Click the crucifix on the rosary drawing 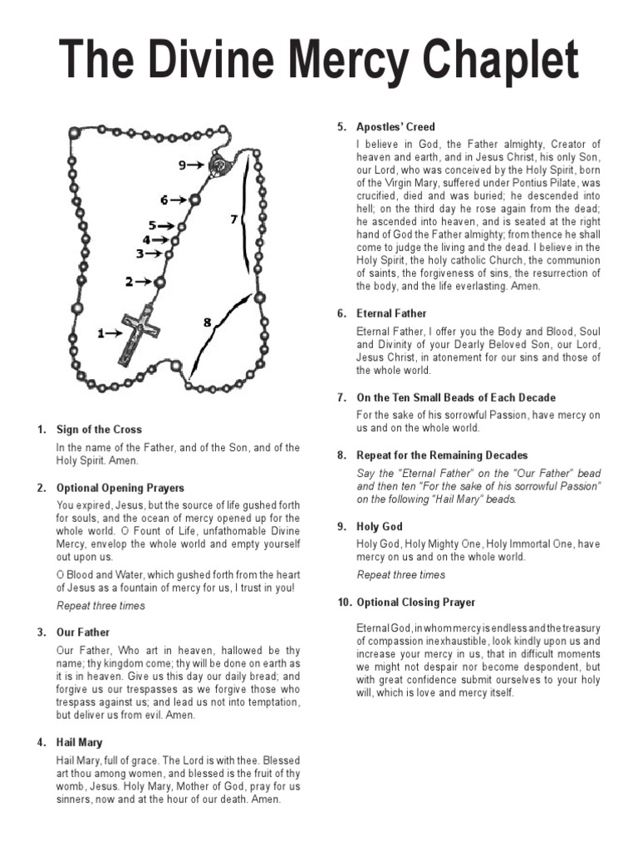click(138, 334)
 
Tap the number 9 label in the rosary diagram click(183, 165)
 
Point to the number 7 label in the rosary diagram click(234, 220)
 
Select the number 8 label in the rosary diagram click(207, 322)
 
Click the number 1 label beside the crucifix click(102, 334)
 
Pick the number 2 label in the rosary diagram click(130, 283)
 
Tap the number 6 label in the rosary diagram click(164, 200)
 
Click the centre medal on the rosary click(218, 165)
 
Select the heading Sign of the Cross click(99, 430)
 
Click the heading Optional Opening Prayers click(120, 488)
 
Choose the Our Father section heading click(83, 632)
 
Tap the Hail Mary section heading click(80, 742)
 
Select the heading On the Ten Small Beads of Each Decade click(456, 397)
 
